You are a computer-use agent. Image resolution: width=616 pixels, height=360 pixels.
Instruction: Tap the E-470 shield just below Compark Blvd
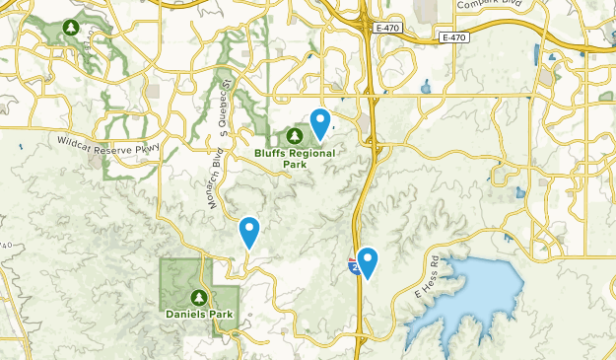452,37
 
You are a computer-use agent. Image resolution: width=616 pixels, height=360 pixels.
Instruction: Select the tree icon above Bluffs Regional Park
295,135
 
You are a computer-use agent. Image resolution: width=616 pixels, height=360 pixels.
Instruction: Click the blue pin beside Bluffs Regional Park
320,122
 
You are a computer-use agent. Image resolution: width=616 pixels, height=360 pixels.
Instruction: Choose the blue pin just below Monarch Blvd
249,231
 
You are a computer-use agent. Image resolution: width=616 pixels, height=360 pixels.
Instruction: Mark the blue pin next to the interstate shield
368,261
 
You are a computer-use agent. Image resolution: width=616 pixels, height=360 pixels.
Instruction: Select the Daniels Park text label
199,315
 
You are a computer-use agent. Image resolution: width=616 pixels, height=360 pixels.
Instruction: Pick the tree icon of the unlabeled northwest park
70,28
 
